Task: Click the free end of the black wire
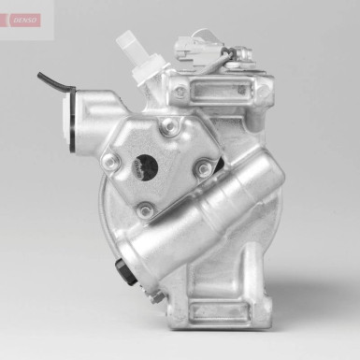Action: [40, 74]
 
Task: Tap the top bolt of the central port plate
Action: [169, 129]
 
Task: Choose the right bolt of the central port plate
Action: [204, 169]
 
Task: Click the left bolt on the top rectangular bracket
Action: [180, 92]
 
